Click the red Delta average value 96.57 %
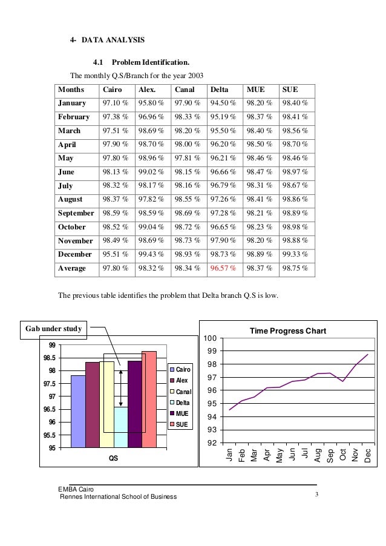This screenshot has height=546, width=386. point(223,268)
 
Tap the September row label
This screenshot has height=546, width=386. point(76,213)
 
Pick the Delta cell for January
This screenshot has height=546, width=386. point(223,104)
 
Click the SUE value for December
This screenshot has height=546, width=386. point(295,254)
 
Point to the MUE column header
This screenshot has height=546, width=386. point(255,90)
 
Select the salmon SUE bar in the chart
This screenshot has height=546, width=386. point(149,400)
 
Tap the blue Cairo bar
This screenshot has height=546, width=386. point(78,412)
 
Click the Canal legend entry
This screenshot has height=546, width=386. point(181,392)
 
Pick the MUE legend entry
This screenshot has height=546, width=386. point(181,413)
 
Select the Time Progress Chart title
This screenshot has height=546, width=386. point(288,331)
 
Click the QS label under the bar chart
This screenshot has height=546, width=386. point(114,458)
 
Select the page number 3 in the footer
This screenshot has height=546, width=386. point(317,496)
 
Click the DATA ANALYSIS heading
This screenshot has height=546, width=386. point(114,40)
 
